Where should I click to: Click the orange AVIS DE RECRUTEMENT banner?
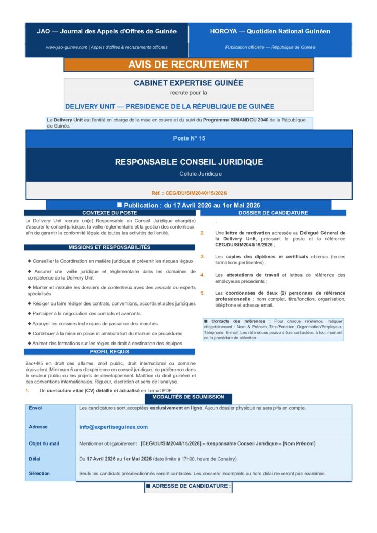[188, 65]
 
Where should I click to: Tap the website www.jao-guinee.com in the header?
[66, 47]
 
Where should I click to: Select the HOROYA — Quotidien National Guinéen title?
[270, 31]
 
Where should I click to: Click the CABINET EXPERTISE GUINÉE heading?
[188, 83]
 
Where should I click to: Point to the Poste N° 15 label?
[189, 138]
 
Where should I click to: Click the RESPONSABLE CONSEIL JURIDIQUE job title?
[189, 162]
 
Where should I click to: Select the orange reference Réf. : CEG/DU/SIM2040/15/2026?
[189, 193]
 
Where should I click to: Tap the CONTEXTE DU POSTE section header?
[110, 213]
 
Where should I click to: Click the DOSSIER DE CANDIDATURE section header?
[273, 213]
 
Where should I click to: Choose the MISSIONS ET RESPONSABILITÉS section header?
[110, 247]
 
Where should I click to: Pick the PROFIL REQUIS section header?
[110, 352]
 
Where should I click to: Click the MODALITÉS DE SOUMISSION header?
[188, 397]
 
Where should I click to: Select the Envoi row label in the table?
[35, 408]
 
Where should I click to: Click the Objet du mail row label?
[44, 443]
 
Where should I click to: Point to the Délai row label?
[34, 459]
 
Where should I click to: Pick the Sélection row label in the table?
[40, 473]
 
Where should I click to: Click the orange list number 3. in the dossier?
[203, 256]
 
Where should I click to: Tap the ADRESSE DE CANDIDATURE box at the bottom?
[188, 486]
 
